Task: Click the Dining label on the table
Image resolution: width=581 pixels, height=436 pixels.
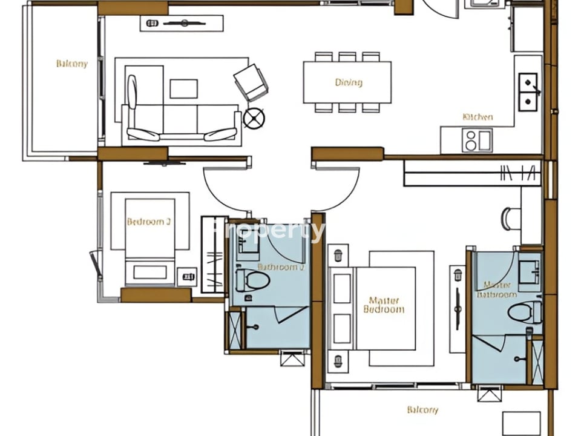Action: (x=348, y=82)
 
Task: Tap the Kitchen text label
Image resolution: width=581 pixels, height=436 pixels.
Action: (x=478, y=117)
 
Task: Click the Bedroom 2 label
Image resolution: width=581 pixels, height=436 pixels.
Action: (x=148, y=222)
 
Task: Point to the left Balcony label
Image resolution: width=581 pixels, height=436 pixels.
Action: (x=71, y=64)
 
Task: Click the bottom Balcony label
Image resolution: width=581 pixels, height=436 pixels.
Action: (x=422, y=410)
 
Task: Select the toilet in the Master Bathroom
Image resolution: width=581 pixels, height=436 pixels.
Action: (x=524, y=312)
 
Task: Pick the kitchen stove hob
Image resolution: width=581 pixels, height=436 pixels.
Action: (x=477, y=141)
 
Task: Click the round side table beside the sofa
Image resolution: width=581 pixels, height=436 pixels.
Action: (x=254, y=117)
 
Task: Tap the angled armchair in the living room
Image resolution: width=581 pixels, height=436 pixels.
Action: (x=251, y=82)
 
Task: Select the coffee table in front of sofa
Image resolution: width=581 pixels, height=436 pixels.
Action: (x=183, y=88)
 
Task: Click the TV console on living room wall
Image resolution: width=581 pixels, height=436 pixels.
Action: (x=182, y=24)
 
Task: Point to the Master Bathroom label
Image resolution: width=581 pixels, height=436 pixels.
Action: (x=497, y=289)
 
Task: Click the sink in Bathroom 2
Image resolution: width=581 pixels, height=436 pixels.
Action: (x=248, y=245)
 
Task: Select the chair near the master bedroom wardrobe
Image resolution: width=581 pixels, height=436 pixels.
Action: (x=510, y=219)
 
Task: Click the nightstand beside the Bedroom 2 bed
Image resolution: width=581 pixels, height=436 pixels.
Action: (x=188, y=277)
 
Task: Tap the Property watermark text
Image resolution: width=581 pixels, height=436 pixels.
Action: (x=269, y=230)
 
